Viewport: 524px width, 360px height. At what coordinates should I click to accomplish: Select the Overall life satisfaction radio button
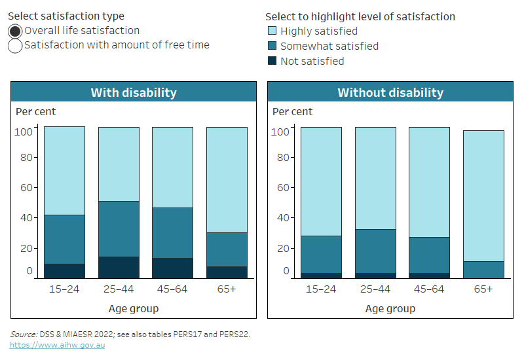tap(15, 31)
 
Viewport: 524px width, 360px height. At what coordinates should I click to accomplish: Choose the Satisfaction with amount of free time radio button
tap(15, 45)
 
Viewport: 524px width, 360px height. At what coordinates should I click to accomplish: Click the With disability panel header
tap(134, 92)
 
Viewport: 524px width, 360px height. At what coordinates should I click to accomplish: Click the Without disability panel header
tap(390, 92)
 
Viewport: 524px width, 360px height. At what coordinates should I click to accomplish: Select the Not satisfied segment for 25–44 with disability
tap(119, 267)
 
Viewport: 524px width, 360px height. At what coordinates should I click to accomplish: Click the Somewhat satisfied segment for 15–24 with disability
tap(64, 239)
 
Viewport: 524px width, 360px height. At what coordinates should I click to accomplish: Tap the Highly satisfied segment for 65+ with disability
tap(227, 179)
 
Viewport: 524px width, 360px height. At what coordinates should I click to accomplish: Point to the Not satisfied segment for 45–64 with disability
tap(172, 268)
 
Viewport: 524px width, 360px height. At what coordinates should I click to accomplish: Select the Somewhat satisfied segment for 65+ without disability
tap(483, 270)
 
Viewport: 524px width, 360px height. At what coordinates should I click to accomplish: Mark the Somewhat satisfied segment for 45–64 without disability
tap(429, 255)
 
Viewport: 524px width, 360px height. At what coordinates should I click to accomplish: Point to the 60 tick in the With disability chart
tap(26, 188)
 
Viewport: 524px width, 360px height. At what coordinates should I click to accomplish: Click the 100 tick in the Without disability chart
tap(280, 132)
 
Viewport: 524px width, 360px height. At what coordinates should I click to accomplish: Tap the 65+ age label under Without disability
tap(483, 289)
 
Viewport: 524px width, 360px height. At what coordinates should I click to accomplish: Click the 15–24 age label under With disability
tap(64, 289)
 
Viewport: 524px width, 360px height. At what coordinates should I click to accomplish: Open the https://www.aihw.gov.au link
tap(48, 344)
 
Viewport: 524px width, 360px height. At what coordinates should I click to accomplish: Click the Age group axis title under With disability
tap(134, 308)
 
